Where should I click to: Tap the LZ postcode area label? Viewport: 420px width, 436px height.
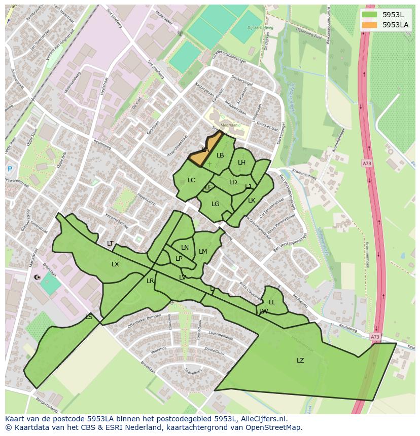[x=300, y=361]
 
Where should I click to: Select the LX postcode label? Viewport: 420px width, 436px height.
[x=115, y=264]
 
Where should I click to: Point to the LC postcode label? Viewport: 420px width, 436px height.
[x=191, y=180]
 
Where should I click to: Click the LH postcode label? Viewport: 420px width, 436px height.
[x=241, y=163]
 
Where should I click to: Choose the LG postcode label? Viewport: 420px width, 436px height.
[x=216, y=204]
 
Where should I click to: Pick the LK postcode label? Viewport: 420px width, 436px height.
[x=252, y=201]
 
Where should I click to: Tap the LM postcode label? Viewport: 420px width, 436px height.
[x=203, y=252]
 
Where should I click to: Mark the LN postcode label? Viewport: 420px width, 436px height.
[x=185, y=248]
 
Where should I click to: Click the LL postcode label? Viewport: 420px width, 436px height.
[x=272, y=302]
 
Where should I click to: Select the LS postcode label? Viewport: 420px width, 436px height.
[x=89, y=317]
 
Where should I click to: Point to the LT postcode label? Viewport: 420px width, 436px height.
[x=110, y=244]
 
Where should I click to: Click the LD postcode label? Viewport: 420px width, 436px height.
[x=233, y=182]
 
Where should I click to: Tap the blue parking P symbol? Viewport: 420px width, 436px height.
[x=10, y=169]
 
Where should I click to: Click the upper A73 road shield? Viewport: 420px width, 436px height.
[x=366, y=163]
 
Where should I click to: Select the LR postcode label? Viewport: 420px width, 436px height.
[x=150, y=281]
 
